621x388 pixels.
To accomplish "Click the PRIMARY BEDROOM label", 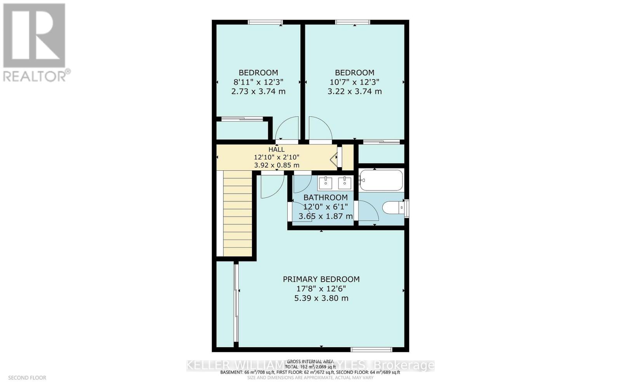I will [x=321, y=279].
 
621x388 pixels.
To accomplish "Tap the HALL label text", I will [x=276, y=149].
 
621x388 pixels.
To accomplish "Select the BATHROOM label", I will [x=325, y=197].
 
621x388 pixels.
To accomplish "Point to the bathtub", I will [x=381, y=180].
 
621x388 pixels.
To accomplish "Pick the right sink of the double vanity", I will [x=344, y=182].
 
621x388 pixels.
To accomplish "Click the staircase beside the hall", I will [x=238, y=214].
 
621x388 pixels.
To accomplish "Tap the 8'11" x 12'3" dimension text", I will [x=258, y=82].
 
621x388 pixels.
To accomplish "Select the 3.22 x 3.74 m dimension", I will [x=354, y=92].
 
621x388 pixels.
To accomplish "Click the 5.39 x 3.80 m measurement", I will [x=321, y=298].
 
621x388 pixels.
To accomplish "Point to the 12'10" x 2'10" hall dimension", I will [x=276, y=157].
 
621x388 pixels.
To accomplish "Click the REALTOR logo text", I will [x=37, y=76].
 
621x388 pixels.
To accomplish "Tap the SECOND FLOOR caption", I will [x=27, y=378].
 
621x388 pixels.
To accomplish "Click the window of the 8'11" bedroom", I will [x=265, y=22].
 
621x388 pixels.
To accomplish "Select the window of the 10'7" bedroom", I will [x=352, y=22].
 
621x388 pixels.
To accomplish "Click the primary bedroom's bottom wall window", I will [x=371, y=350].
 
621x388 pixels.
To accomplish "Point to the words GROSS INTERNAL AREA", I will [x=310, y=361].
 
